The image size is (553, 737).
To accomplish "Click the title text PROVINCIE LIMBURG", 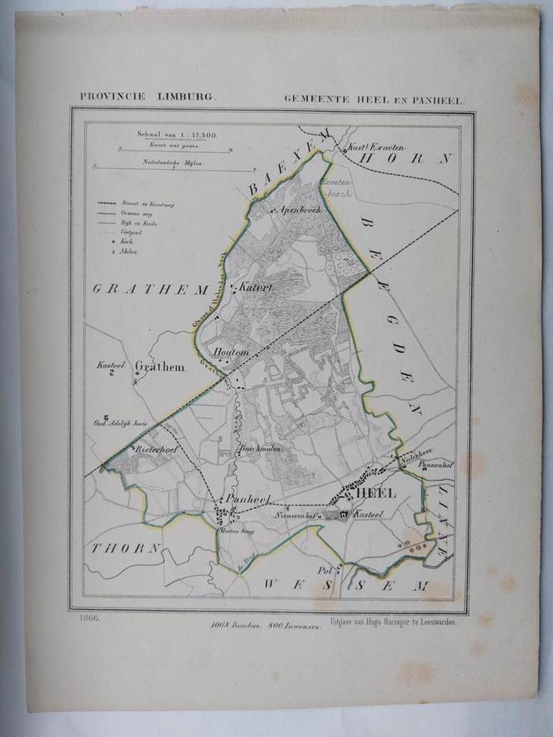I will (148, 97).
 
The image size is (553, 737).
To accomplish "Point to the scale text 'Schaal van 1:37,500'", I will (177, 134).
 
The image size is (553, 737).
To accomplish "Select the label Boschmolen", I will (261, 449).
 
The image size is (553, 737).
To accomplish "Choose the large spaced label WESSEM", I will (343, 585).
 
